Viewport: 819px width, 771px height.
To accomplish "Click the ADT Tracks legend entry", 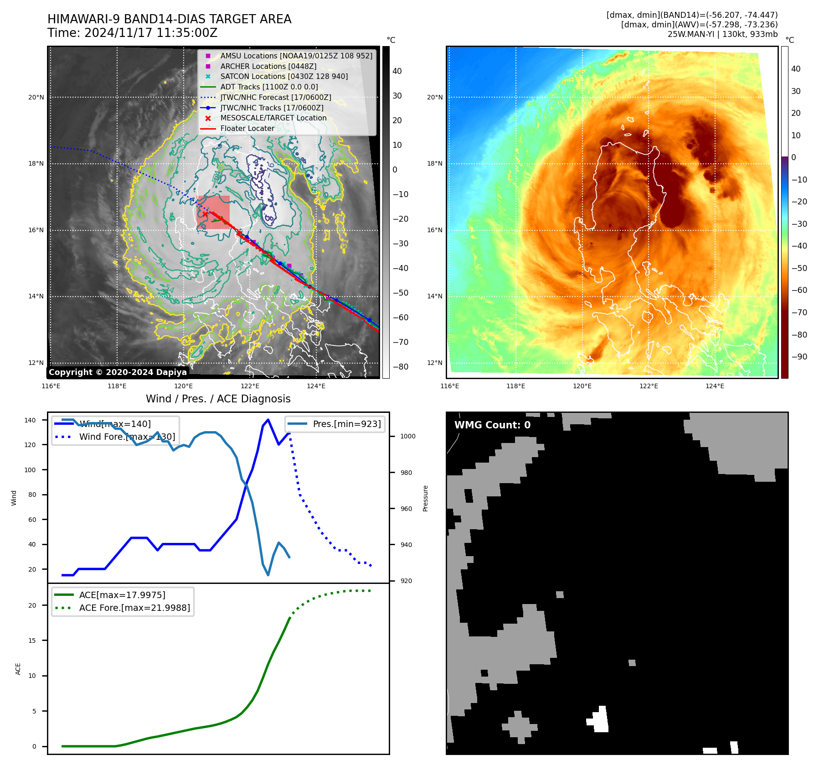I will [269, 87].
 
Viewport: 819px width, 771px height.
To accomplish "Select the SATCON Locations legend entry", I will [283, 76].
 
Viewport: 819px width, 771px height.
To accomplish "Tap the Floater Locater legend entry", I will [247, 128].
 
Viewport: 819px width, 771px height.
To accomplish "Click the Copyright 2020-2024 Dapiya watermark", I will [118, 372].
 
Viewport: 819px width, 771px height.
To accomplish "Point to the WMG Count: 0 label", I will [492, 425].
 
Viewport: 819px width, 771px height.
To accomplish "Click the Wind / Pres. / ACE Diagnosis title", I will [218, 399].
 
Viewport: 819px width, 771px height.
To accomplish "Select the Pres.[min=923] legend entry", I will [346, 424].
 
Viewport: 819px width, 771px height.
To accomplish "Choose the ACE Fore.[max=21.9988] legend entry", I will [134, 608].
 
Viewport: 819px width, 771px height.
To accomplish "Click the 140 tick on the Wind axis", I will [30, 420].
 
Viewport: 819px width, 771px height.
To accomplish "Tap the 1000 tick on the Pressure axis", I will [407, 437].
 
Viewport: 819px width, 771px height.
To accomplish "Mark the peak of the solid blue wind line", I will [268, 420].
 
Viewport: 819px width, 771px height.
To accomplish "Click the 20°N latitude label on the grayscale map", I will [36, 97].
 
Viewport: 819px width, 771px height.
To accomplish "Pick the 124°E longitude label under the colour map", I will [715, 386].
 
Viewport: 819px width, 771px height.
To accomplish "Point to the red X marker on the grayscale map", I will [205, 214].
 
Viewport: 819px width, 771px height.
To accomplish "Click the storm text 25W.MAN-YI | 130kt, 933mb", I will [722, 34].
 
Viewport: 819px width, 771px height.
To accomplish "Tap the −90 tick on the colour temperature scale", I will [799, 357].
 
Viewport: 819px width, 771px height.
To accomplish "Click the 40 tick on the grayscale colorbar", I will [397, 71].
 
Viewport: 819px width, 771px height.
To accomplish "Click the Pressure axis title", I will [425, 498].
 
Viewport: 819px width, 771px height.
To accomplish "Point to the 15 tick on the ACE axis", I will [32, 641].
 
